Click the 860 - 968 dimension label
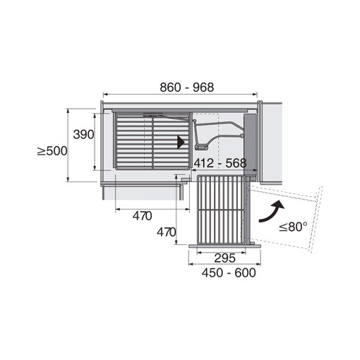point(187,88)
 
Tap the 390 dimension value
point(83,135)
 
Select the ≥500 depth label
point(52,151)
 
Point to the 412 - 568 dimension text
point(220,163)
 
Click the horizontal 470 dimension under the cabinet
point(142,216)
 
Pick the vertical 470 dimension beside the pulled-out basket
point(167,232)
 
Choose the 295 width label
point(224,258)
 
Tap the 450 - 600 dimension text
point(229,273)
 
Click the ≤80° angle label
point(293,227)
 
